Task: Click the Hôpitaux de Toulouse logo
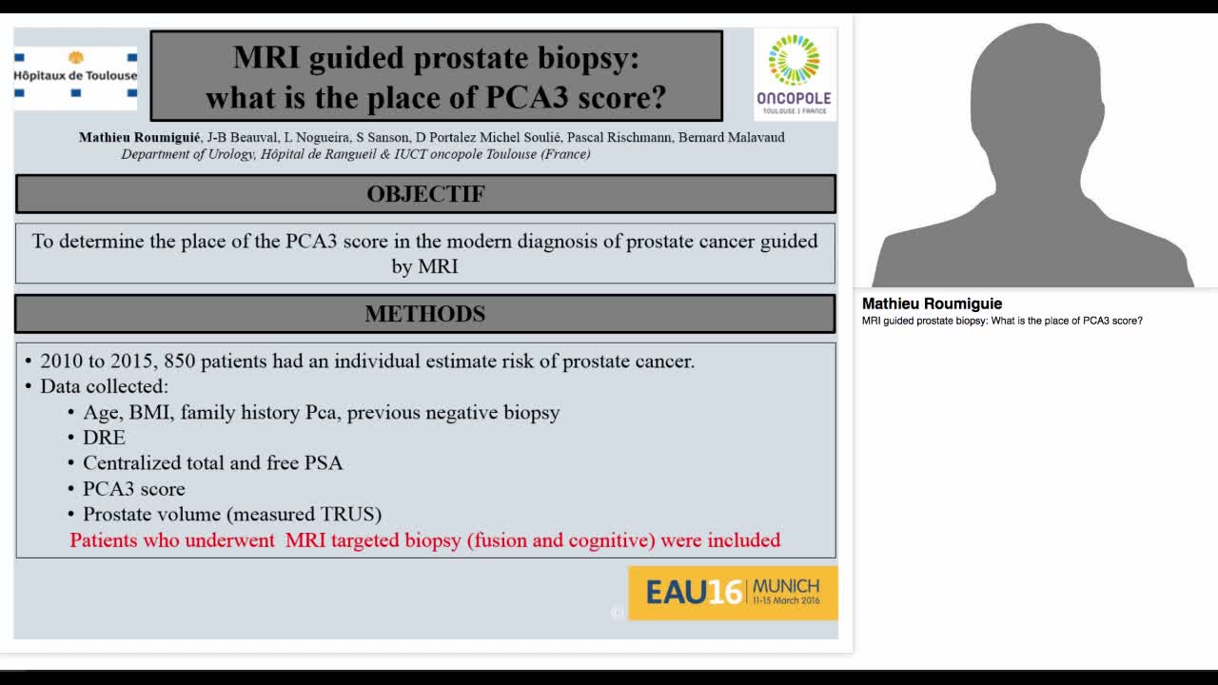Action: [75, 74]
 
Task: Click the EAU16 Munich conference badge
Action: [733, 593]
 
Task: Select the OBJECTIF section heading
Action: [425, 194]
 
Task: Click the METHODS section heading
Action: [425, 314]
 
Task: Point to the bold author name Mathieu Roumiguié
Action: [139, 137]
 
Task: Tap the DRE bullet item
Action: [104, 438]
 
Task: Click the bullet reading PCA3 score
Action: [133, 489]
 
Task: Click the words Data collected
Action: [104, 387]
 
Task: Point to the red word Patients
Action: [104, 540]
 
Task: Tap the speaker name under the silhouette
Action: [932, 304]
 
